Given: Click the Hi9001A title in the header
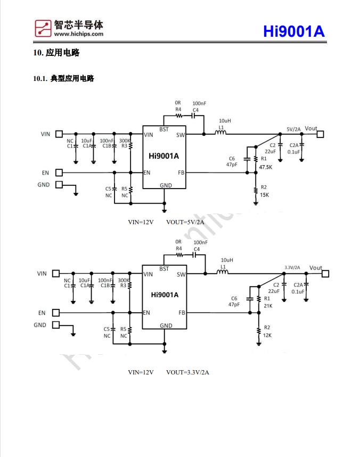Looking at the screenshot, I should (x=293, y=32).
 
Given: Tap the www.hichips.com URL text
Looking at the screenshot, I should (x=78, y=34).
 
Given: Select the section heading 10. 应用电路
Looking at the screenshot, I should (x=56, y=53).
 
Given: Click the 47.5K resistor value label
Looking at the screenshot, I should (x=266, y=167).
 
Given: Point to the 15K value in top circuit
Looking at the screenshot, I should (x=264, y=195).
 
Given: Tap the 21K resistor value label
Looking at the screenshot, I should (x=267, y=306).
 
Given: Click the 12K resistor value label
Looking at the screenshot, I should (x=267, y=335).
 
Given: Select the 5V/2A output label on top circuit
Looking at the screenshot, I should (x=293, y=129).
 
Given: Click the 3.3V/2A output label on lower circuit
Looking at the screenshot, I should (x=292, y=268).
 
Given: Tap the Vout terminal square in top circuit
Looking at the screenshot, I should (x=320, y=135).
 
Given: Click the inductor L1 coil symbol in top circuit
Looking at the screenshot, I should (x=222, y=134).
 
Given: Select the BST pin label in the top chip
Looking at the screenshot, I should (x=164, y=129).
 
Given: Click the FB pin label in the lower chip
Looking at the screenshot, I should (x=182, y=313).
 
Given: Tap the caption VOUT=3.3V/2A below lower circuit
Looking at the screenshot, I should (x=187, y=372).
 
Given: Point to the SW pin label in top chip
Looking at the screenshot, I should (x=181, y=135).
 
